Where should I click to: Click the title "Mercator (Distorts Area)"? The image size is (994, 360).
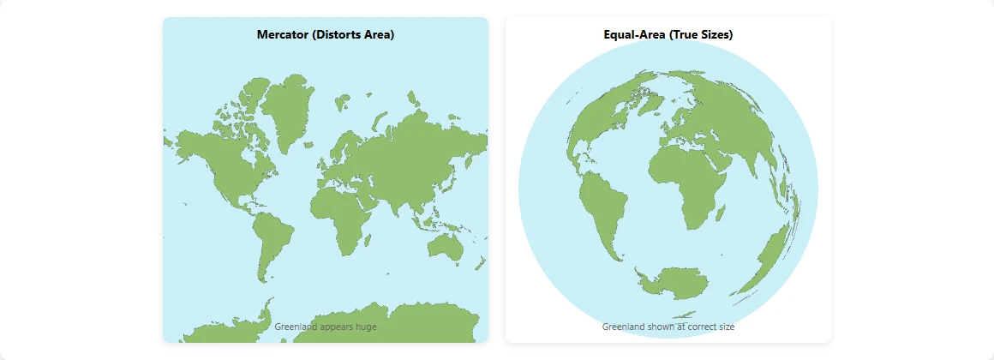tap(326, 34)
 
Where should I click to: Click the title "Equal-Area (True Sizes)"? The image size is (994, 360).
tap(668, 34)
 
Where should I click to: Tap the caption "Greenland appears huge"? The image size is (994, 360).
tap(326, 327)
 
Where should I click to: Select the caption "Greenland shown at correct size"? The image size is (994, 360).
tap(668, 327)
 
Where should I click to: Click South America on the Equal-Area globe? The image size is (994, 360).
tap(604, 210)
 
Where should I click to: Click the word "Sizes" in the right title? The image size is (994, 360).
tap(715, 34)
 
